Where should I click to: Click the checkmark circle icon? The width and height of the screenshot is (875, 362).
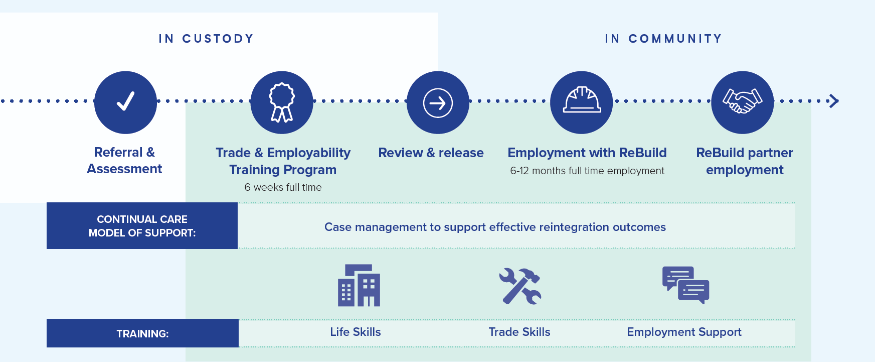click(125, 102)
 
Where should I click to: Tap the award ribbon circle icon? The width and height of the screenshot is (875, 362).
click(282, 102)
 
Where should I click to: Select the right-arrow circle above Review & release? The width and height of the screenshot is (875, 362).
click(438, 102)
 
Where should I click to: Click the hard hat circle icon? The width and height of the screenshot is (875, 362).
click(582, 102)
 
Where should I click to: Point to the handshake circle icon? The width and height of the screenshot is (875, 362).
click(743, 102)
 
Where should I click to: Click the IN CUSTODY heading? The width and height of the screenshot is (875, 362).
click(206, 39)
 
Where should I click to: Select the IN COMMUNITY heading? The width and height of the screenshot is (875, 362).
click(663, 39)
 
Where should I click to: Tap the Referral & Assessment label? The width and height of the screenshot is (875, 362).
click(124, 160)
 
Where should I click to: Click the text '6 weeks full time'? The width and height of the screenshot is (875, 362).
click(283, 187)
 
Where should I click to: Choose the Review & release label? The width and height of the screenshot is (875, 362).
click(431, 153)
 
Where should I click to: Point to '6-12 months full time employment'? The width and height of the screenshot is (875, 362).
click(587, 171)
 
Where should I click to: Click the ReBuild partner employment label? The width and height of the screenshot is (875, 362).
click(745, 161)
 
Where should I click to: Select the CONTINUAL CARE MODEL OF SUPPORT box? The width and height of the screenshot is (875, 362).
click(142, 226)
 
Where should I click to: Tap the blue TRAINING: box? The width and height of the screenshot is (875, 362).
click(142, 333)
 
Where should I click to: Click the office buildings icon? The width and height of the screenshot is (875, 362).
click(359, 285)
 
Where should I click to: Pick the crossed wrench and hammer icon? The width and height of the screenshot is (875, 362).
click(520, 286)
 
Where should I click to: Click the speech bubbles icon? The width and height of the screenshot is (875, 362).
click(685, 285)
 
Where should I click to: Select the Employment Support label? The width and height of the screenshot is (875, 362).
click(684, 332)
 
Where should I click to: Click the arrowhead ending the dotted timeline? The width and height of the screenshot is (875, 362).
click(834, 101)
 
